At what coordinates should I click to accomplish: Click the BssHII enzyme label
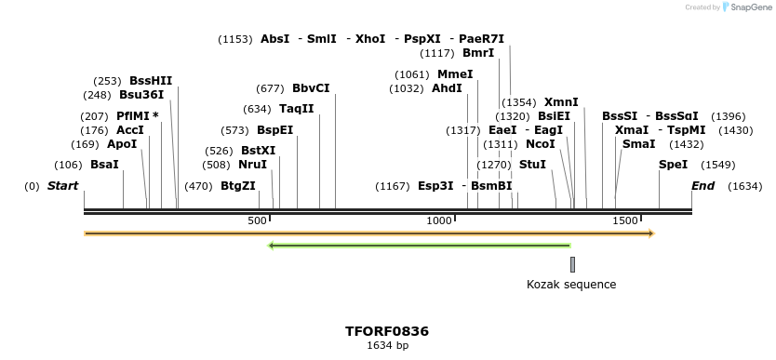151,81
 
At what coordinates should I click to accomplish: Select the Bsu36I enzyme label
141,95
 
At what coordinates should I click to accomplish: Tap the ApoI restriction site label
122,144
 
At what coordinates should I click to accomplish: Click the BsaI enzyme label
104,165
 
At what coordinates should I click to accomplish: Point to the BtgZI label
238,186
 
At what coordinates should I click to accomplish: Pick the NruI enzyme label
253,165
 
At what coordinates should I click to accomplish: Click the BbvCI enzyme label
311,88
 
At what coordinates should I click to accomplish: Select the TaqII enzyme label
297,109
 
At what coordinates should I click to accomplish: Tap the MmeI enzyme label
455,74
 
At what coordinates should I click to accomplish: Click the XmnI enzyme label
561,102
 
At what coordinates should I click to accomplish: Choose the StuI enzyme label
532,165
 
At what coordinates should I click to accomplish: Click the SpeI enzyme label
674,165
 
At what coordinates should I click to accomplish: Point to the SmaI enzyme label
638,144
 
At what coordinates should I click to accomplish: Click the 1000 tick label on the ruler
438,220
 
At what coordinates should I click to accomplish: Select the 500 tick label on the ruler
257,220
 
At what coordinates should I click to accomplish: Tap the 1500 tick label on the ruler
625,220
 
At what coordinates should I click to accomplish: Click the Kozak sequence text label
571,285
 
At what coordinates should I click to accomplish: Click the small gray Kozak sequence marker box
572,264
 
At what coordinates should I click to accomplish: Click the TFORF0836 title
387,331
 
